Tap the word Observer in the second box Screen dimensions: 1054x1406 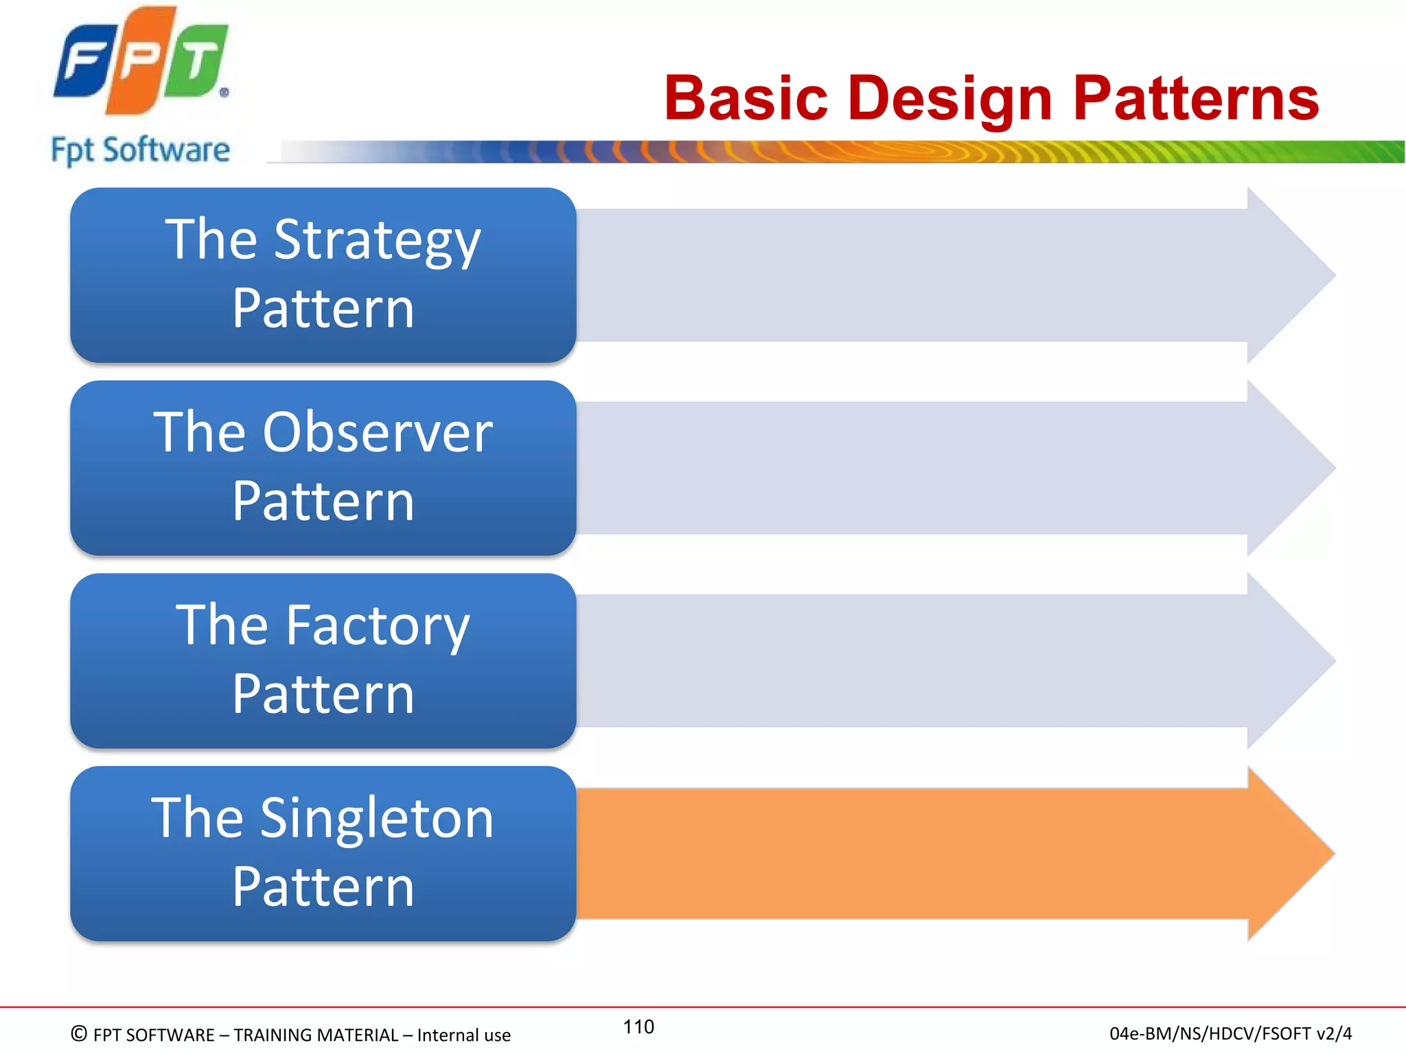coord(378,433)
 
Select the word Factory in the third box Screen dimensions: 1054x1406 coord(378,626)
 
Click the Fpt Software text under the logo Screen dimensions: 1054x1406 coord(140,150)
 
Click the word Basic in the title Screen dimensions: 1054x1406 coord(746,99)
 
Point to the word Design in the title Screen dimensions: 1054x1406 coord(949,99)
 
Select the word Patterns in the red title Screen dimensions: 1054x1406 coord(1195,99)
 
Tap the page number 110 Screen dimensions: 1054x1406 coord(638,1027)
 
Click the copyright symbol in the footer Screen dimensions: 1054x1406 coord(79,1033)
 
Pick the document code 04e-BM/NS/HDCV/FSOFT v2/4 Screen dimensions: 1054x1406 coord(1230,1033)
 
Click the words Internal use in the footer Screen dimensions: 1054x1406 coord(463,1035)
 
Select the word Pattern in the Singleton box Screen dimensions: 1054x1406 coord(323,887)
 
